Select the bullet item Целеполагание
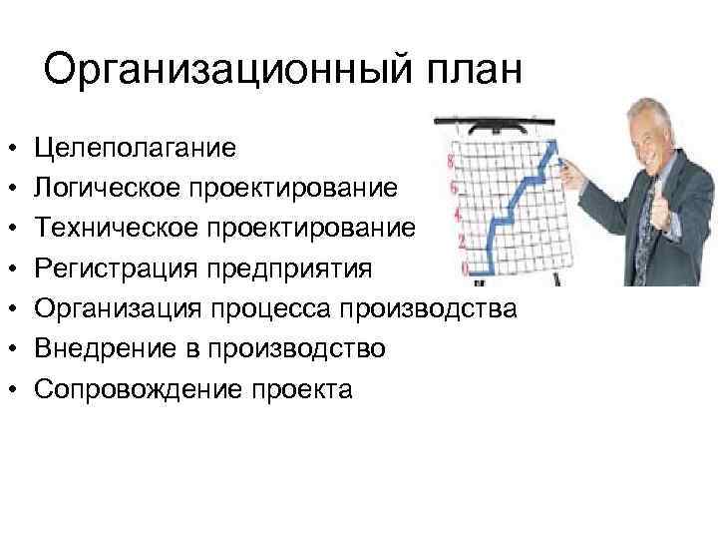(x=135, y=148)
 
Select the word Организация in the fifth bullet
(x=113, y=308)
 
